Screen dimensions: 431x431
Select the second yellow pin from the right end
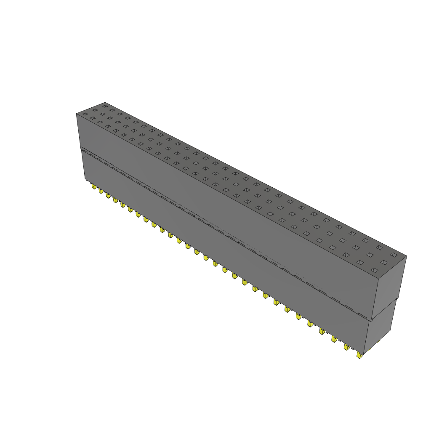(x=347, y=347)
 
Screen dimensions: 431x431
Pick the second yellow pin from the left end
(x=101, y=191)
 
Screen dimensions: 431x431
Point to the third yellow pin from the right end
(x=334, y=338)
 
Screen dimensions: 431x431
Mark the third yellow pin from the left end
(x=108, y=195)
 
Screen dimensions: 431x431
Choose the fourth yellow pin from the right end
(x=322, y=331)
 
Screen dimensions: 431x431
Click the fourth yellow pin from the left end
(x=115, y=200)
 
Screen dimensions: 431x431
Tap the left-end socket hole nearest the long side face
(x=85, y=114)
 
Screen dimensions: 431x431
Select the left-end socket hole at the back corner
(x=105, y=106)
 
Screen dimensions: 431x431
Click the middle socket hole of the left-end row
(x=95, y=110)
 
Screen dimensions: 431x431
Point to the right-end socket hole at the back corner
(x=394, y=255)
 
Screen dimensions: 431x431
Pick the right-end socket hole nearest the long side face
(x=373, y=269)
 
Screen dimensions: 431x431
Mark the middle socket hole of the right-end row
(x=383, y=262)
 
